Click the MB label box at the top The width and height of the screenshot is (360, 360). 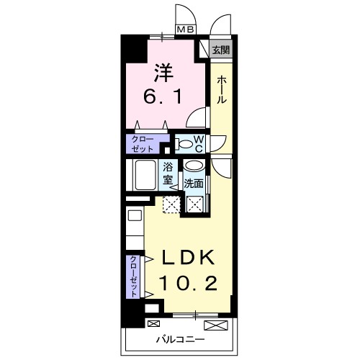tap(186, 30)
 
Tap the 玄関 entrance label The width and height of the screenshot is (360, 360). tap(221, 50)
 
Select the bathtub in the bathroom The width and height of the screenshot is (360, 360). tap(144, 174)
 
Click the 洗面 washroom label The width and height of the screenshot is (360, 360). tap(192, 184)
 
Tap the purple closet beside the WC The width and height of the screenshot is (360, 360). tap(144, 143)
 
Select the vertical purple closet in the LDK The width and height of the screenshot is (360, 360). tap(135, 276)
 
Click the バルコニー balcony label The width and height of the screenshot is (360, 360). tap(181, 339)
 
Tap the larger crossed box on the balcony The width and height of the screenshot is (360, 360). tap(220, 325)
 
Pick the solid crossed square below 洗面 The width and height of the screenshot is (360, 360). tap(194, 204)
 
